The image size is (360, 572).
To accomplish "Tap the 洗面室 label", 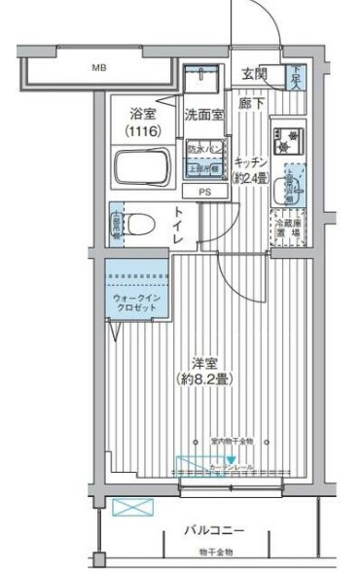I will (204, 115).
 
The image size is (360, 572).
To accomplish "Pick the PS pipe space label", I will (203, 192).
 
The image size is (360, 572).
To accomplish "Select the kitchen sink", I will (292, 182).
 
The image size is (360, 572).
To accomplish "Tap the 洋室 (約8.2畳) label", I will (202, 370).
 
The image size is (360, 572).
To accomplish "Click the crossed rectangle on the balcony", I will (126, 507).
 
